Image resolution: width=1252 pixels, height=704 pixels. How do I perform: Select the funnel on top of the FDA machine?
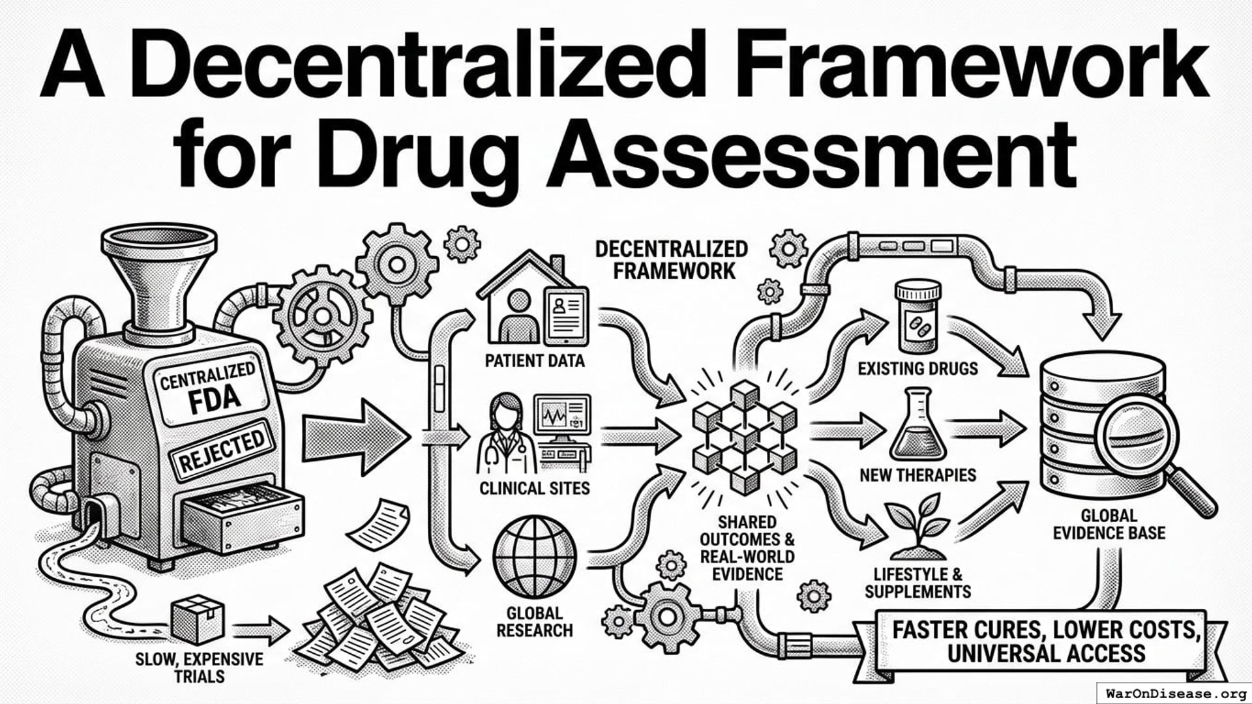(160, 274)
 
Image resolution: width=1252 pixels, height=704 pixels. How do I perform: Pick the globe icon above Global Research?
(535, 554)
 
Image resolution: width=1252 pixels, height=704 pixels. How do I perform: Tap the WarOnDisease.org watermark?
(1174, 693)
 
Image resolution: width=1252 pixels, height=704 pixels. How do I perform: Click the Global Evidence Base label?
(1109, 525)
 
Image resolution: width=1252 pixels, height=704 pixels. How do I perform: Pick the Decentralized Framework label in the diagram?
(672, 259)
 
